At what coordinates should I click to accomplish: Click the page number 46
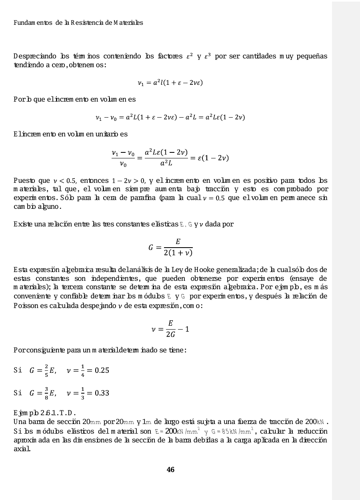pos(170,470)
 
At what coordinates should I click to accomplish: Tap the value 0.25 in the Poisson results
pos(102,370)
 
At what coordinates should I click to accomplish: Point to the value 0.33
pos(102,393)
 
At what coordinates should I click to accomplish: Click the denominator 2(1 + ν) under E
pos(178,253)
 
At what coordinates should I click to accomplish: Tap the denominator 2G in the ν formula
pos(170,334)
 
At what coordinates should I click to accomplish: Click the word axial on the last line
pos(23,449)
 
